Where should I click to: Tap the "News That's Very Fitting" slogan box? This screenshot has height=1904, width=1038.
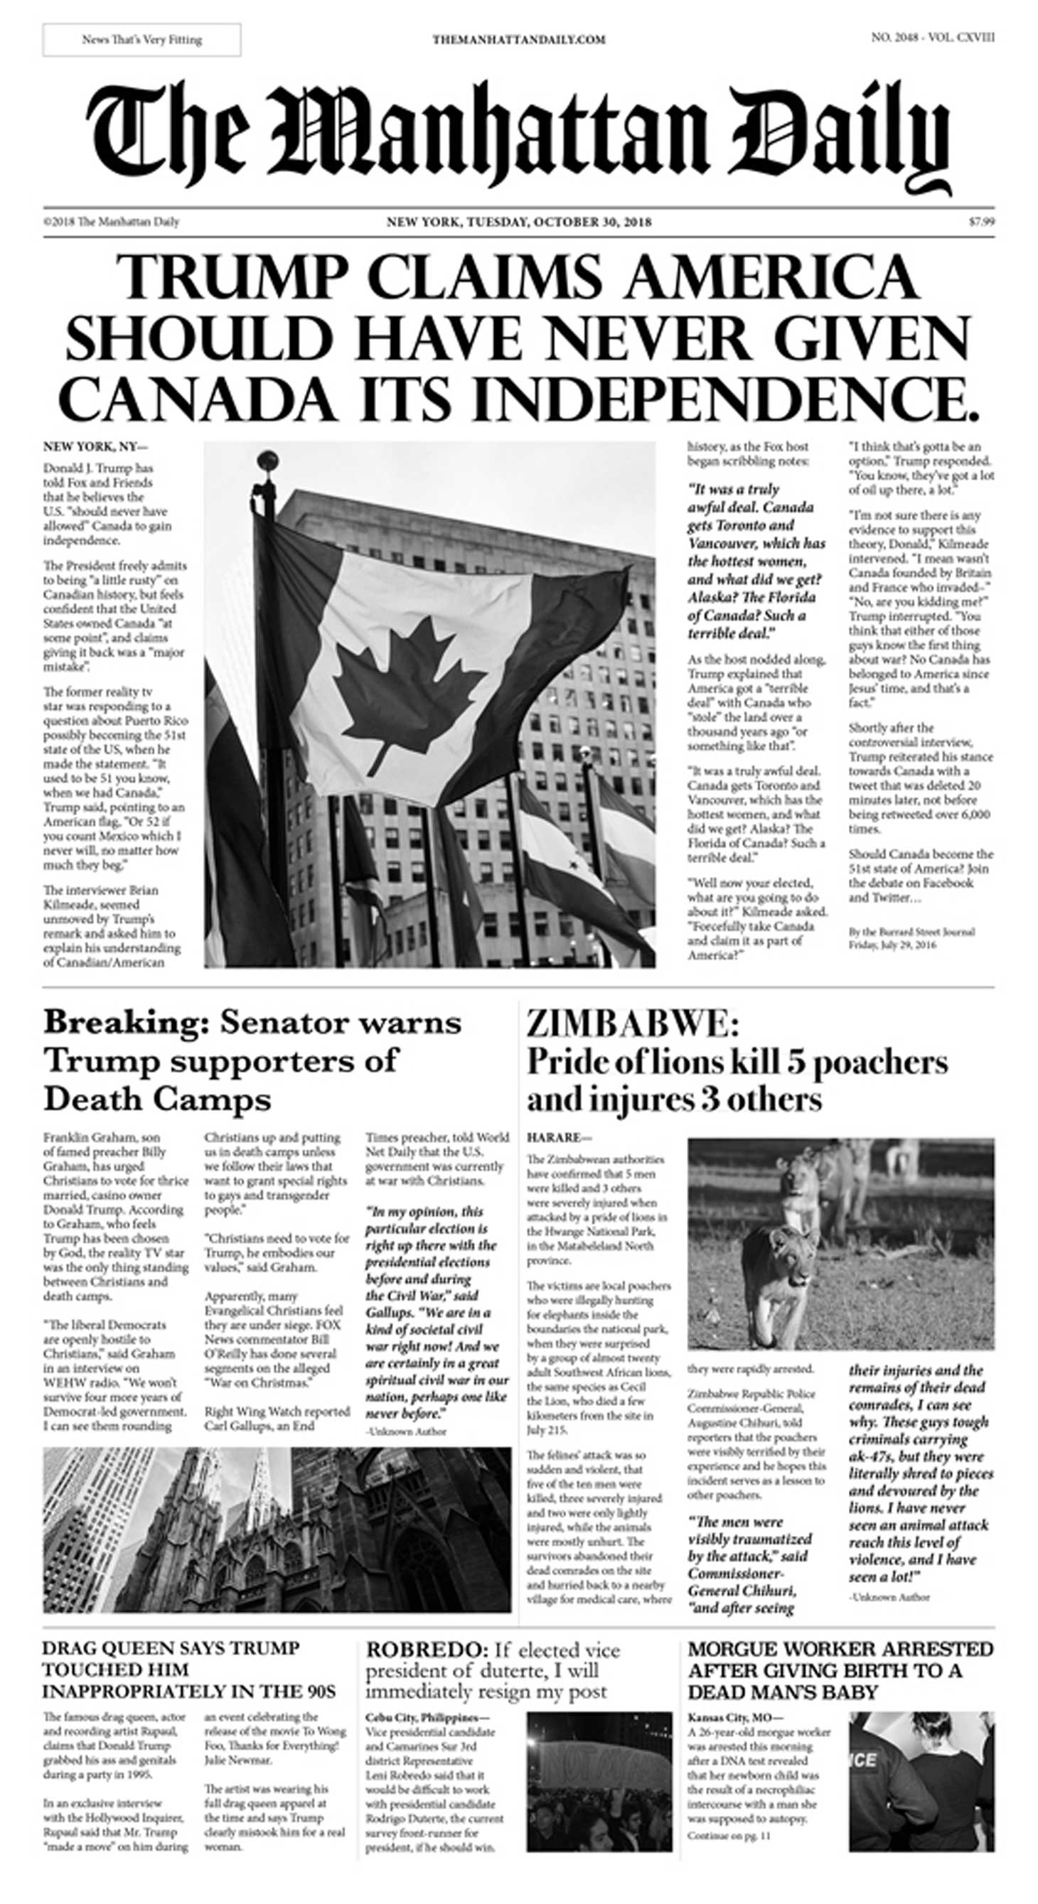pyautogui.click(x=142, y=40)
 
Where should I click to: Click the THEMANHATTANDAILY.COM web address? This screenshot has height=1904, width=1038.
pyautogui.click(x=519, y=40)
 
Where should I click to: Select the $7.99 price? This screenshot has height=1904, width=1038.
pyautogui.click(x=981, y=222)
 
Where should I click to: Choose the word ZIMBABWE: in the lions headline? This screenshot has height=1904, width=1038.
pyautogui.click(x=632, y=1024)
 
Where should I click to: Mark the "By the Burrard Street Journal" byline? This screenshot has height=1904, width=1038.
pyautogui.click(x=911, y=932)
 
